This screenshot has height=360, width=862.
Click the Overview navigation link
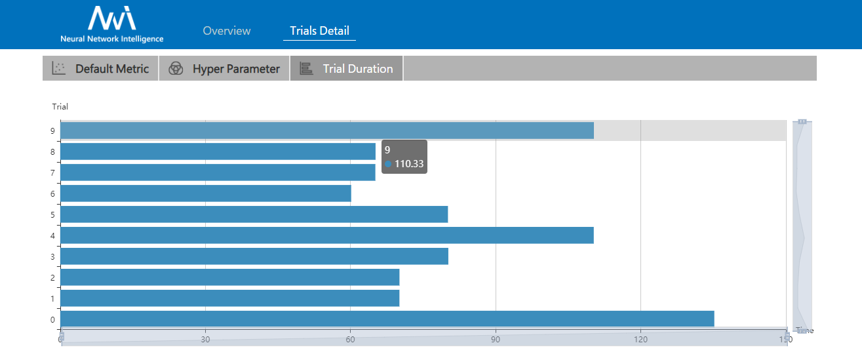[227, 31]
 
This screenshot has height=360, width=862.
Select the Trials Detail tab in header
[319, 31]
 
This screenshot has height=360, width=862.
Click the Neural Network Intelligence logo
[112, 24]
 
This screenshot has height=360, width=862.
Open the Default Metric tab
[111, 69]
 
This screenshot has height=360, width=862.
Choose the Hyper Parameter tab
[235, 69]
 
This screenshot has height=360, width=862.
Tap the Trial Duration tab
[357, 69]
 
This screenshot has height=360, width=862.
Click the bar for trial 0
[387, 319]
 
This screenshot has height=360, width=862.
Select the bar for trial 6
[206, 193]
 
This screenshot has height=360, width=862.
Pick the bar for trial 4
[326, 235]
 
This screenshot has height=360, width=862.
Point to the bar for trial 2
[229, 277]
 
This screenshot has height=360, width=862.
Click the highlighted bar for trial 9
[326, 130]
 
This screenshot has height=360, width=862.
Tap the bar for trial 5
[254, 214]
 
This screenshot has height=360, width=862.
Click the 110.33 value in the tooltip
[409, 164]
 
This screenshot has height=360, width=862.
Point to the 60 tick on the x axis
[350, 339]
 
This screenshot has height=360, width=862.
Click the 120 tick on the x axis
[640, 339]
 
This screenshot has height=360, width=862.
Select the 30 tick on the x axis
[205, 339]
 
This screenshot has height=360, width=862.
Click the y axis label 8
[52, 152]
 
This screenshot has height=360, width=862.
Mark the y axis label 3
[52, 256]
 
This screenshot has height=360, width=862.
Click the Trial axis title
[60, 106]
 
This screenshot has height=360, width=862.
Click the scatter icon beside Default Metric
[59, 68]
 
